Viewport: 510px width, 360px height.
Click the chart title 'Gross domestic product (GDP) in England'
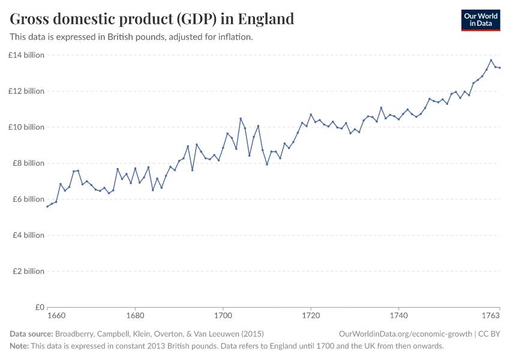(x=152, y=19)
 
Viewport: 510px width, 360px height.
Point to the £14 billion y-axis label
(x=26, y=55)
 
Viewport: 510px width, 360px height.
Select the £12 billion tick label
(x=26, y=91)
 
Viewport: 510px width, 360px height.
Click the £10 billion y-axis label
(x=26, y=127)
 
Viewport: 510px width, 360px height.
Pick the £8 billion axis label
(x=28, y=163)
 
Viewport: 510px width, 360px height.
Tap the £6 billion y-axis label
(x=28, y=199)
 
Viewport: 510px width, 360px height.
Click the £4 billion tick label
(x=28, y=235)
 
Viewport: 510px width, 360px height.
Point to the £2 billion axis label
(x=28, y=271)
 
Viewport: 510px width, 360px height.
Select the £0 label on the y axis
(x=38, y=307)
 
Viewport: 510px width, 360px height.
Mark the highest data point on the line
(x=491, y=60)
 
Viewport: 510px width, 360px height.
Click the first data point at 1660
(x=47, y=206)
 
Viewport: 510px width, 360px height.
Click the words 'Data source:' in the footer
(x=31, y=334)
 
